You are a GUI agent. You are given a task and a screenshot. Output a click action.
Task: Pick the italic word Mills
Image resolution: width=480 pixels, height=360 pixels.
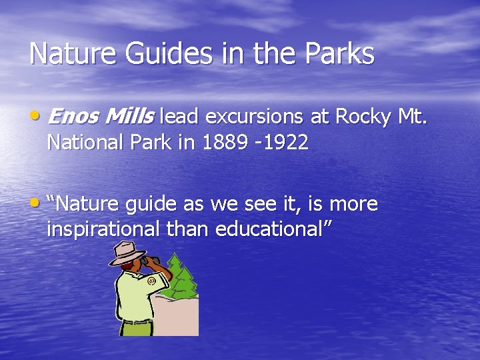coord(131,117)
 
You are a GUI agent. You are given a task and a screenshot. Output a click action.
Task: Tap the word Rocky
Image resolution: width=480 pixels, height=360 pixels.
coord(363,117)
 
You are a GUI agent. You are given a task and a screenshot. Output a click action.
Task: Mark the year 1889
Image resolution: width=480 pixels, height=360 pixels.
coord(223,142)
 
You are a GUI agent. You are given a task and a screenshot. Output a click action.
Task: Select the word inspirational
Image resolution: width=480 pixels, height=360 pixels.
coord(103,229)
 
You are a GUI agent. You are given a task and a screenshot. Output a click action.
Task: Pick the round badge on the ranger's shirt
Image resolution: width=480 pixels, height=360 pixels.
coord(151,281)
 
